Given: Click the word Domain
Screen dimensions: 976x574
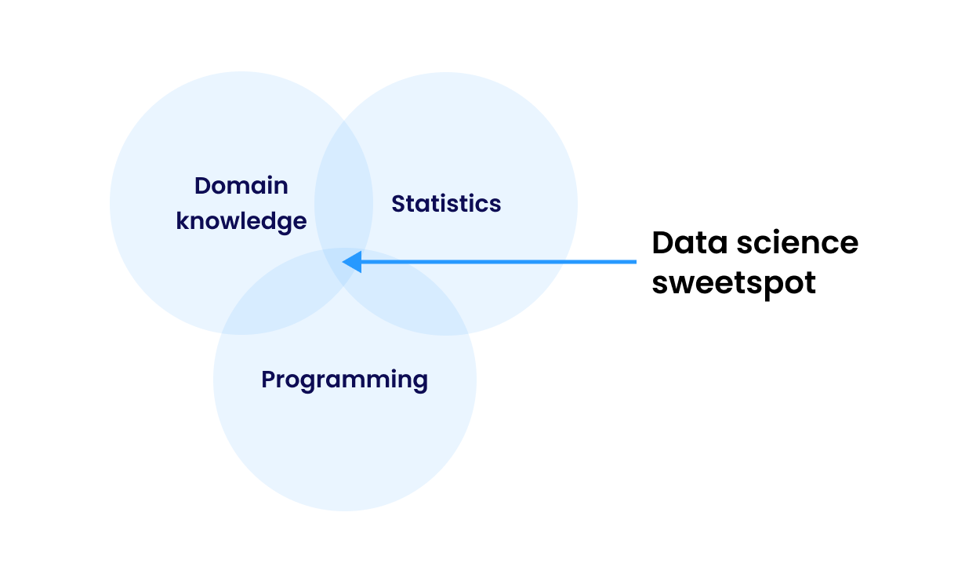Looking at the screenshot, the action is (241, 186).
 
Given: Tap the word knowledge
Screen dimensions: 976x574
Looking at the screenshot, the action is (241, 221).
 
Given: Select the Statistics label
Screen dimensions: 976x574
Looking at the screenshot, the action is (446, 204).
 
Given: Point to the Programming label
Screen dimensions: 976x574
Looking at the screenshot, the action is (344, 380).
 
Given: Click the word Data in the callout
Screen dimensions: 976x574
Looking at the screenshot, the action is (690, 243).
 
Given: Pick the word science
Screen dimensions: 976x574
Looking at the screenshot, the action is (797, 243).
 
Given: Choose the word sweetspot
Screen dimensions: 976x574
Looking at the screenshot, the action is (734, 283).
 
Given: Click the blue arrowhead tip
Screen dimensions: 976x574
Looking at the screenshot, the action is (343, 262).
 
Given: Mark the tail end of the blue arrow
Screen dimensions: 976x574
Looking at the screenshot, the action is (636, 262).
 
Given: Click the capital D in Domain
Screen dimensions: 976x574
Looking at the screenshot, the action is (202, 186).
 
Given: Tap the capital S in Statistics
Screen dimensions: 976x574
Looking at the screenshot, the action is (398, 204).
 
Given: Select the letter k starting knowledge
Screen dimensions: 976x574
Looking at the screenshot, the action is (183, 220).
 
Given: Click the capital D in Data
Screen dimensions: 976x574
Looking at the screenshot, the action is (663, 243).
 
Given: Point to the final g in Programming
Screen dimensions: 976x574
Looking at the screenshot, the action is (419, 383).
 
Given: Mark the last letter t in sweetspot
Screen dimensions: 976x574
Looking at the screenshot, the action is (810, 283).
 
